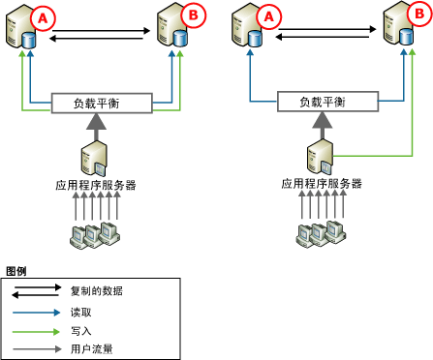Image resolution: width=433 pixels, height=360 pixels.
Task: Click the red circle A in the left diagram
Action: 44,15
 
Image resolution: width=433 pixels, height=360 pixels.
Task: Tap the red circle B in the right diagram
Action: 415,15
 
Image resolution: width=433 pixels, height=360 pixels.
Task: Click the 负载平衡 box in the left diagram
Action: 100,103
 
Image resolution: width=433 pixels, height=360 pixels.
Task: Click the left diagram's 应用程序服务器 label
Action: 100,182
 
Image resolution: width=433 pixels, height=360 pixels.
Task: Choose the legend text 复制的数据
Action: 96,290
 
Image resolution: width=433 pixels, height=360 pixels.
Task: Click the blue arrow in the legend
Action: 37,313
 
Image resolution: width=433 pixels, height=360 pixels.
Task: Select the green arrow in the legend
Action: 37,330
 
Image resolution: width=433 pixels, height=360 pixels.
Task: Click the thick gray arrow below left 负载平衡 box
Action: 100,124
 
